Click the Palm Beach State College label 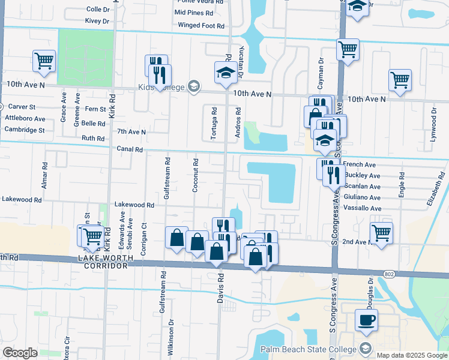point(306,350)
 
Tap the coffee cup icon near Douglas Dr point(366,319)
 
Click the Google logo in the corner point(19,353)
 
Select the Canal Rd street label point(130,149)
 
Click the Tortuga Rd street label point(214,124)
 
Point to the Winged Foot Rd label point(201,25)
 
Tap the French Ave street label point(359,164)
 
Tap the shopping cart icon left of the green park point(44,61)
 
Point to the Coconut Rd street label point(195,176)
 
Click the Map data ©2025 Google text point(412,355)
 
